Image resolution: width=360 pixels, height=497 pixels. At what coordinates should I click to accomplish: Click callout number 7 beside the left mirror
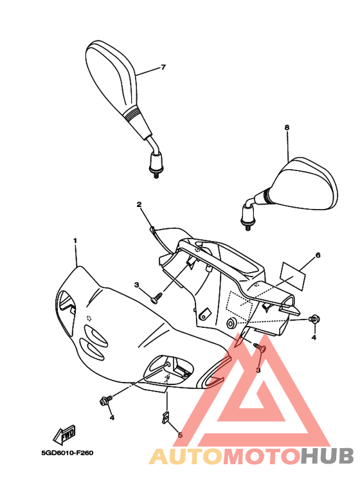(x=163, y=68)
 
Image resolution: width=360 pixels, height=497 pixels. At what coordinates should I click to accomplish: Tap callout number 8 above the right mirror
(x=287, y=127)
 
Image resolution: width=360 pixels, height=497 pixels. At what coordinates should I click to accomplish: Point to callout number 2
(x=139, y=204)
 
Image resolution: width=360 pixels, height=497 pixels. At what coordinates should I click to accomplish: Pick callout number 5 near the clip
(x=180, y=435)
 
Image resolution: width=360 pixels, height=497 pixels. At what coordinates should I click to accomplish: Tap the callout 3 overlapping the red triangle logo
(x=258, y=370)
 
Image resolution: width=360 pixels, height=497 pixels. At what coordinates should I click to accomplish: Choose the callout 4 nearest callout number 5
(x=112, y=418)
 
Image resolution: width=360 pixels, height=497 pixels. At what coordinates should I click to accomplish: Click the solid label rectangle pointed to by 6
(x=293, y=276)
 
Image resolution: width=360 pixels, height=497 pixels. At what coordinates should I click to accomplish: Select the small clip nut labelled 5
(x=165, y=417)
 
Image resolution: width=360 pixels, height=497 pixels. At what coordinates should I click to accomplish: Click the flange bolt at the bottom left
(x=106, y=400)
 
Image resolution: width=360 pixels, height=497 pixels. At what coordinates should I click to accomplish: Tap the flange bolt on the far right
(x=314, y=319)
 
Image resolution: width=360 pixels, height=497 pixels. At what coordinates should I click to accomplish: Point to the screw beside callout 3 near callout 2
(x=157, y=298)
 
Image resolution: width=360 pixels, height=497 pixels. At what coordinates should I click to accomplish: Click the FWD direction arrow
(x=65, y=435)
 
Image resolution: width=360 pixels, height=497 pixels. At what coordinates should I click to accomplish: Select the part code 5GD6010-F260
(x=67, y=453)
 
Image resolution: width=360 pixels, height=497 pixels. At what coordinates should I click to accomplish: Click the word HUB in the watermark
(x=327, y=456)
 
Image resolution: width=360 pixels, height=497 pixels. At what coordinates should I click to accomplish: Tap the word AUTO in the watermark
(x=186, y=456)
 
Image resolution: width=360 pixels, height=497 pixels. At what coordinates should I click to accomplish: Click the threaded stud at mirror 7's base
(x=156, y=174)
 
